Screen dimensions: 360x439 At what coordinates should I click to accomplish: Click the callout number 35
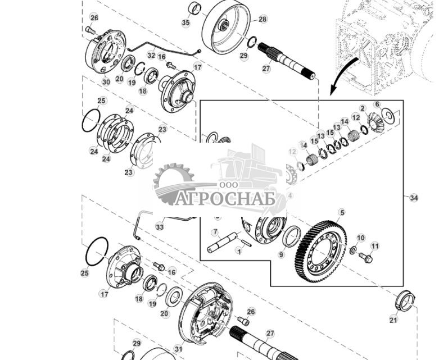point(185,23)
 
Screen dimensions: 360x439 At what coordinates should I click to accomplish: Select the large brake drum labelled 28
point(226,26)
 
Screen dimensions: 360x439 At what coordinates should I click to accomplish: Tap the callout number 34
point(414,198)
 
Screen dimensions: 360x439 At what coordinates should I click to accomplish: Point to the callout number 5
point(341,213)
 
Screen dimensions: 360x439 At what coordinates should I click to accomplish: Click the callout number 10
point(360,238)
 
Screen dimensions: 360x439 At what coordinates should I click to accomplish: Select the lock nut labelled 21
point(405,300)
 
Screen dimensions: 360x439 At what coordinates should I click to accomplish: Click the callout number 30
point(106,81)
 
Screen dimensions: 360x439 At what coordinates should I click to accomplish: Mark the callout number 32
point(151,55)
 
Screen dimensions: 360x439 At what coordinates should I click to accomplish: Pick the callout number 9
point(281,254)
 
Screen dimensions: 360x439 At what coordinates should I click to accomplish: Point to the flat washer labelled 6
point(387,115)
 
